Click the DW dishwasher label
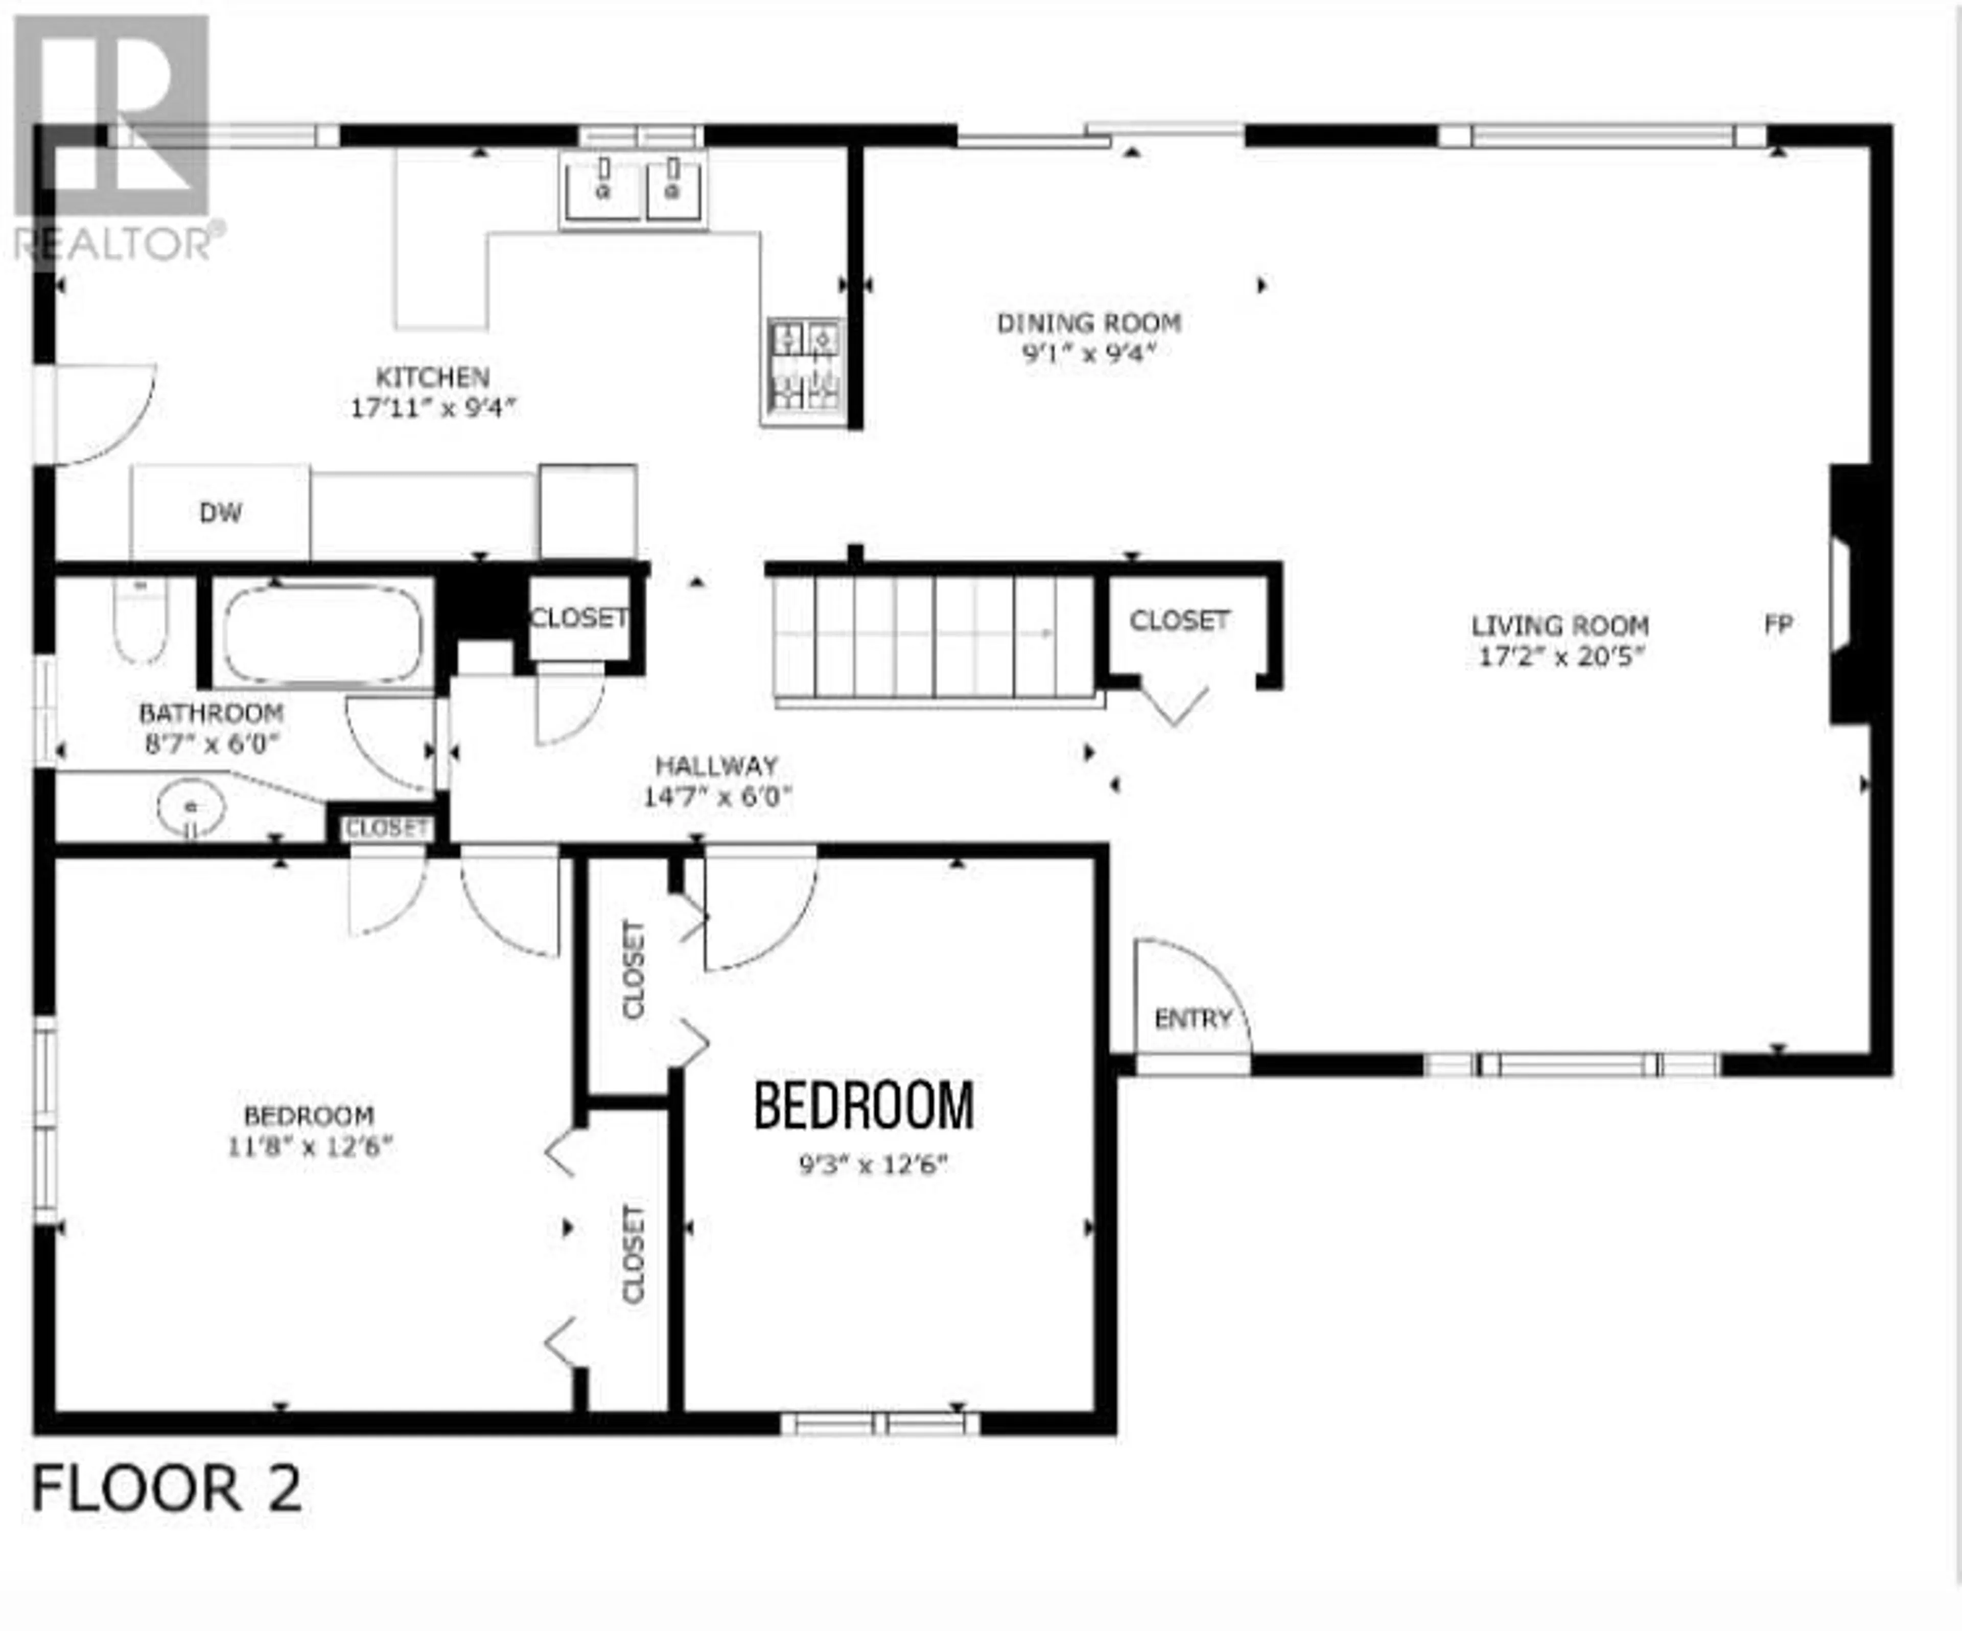tap(221, 512)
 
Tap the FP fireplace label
tap(1778, 624)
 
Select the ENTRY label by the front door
tap(1193, 1019)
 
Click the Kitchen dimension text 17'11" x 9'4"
tap(433, 409)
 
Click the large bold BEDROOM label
tap(864, 1106)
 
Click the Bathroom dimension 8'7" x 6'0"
tap(211, 744)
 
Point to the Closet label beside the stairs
tap(1179, 621)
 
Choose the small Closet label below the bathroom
tap(387, 828)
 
